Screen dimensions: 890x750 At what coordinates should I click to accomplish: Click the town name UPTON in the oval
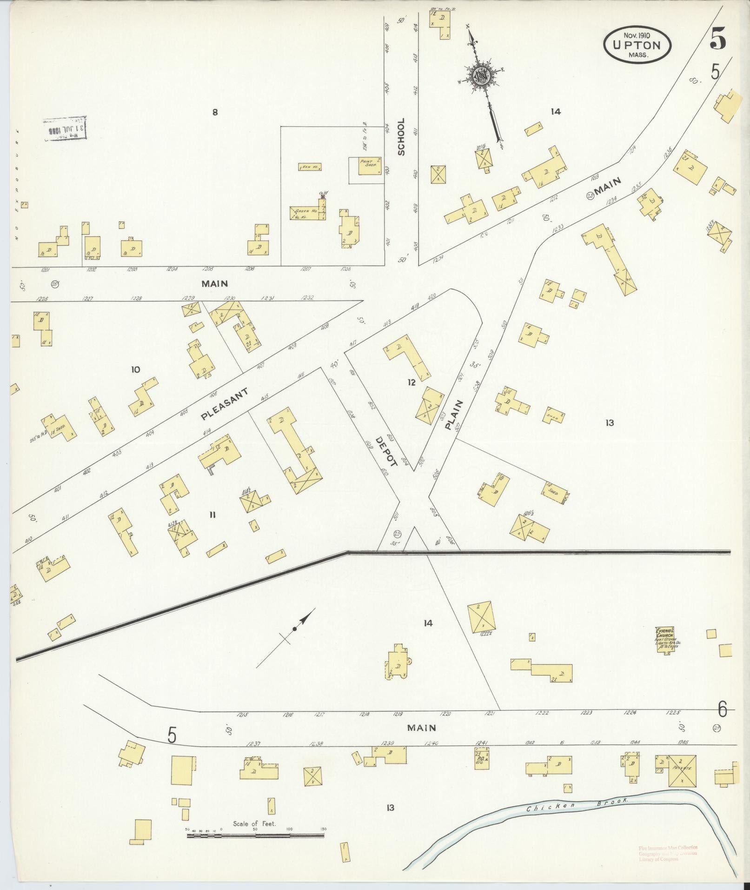(637, 45)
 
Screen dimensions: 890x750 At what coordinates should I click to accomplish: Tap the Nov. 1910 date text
(637, 34)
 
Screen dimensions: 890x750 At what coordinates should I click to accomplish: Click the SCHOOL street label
(401, 136)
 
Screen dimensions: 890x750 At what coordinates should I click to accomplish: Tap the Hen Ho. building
(310, 167)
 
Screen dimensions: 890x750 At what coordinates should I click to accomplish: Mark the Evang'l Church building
(665, 640)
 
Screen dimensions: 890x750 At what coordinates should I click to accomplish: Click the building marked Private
(682, 770)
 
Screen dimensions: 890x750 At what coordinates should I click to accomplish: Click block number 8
(215, 112)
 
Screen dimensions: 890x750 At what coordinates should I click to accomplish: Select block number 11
(212, 515)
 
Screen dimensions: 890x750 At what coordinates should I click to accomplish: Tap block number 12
(411, 382)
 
